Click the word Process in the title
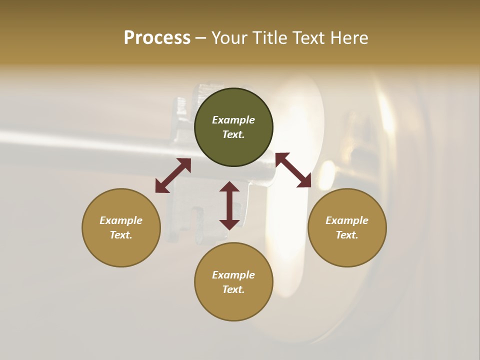157,38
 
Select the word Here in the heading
349,38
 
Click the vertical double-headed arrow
229,205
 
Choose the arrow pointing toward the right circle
293,170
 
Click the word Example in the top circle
233,120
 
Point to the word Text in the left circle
121,235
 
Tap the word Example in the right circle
347,220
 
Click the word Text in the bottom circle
233,289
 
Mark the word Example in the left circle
121,220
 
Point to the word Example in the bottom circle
233,275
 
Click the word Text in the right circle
347,235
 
